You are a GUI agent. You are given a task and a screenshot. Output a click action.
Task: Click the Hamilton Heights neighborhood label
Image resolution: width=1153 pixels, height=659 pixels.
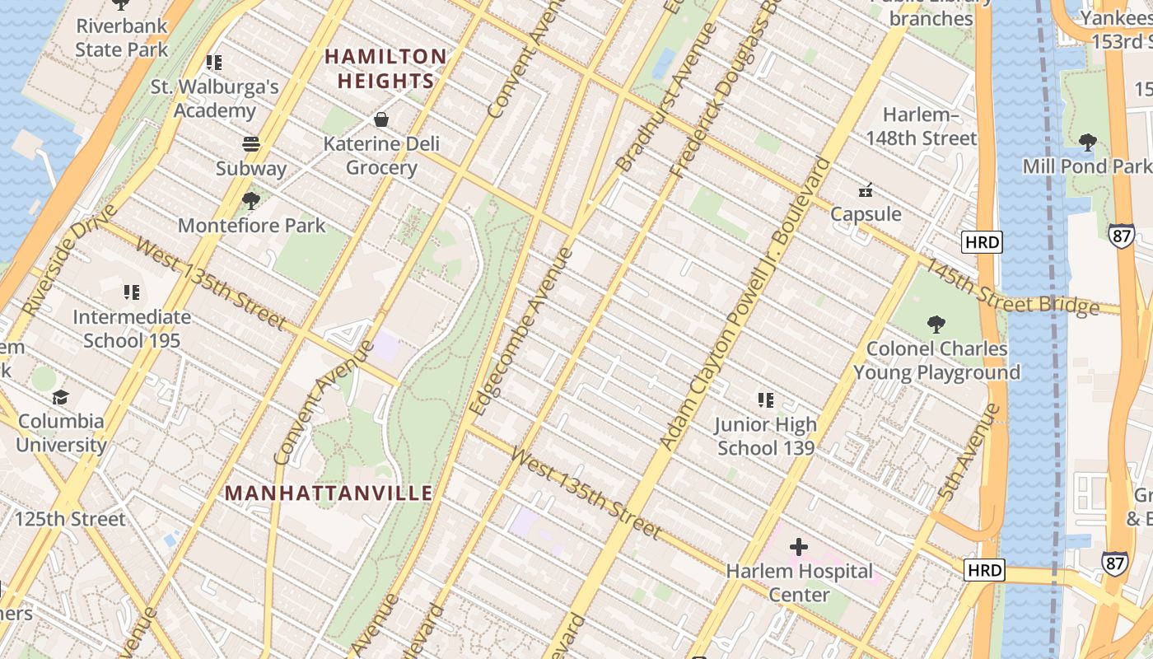tap(385, 68)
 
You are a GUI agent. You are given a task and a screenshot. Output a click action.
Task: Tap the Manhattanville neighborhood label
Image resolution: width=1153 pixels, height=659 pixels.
tap(329, 493)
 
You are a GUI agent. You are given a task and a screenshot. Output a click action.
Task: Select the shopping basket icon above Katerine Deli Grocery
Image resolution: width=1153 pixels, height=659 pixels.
tap(381, 119)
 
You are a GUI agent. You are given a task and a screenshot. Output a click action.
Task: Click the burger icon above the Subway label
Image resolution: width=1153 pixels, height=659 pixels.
tap(251, 144)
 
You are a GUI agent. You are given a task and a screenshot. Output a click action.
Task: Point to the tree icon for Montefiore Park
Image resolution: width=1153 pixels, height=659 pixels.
tap(251, 200)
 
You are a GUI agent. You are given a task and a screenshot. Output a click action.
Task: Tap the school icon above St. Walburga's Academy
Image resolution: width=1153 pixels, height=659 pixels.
tap(214, 63)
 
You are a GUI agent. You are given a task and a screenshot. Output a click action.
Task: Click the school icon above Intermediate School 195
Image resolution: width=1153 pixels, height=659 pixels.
tap(131, 292)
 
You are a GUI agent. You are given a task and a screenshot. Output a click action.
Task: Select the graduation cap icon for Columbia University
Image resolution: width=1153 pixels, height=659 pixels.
tap(61, 397)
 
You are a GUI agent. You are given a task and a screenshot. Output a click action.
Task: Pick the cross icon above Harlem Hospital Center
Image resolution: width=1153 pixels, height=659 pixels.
tap(798, 547)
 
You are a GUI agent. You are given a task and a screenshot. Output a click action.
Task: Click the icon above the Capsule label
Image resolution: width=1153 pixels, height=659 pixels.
tap(865, 190)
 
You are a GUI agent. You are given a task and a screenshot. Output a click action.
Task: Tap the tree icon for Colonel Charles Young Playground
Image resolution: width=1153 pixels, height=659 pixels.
tap(936, 324)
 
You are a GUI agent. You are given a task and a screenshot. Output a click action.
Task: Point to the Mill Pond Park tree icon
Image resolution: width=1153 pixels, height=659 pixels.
tap(1087, 142)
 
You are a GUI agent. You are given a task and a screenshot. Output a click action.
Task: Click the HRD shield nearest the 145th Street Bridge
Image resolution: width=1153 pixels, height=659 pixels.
tap(981, 242)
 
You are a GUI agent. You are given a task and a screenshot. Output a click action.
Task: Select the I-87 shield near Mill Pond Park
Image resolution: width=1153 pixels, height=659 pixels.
tap(1121, 234)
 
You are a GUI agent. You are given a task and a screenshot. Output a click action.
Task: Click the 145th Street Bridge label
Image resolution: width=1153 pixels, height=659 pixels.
tap(1011, 287)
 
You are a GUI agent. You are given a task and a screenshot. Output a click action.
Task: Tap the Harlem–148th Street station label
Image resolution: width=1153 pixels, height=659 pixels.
tap(921, 126)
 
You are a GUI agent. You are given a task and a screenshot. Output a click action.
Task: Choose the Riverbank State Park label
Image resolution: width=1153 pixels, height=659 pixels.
tap(121, 37)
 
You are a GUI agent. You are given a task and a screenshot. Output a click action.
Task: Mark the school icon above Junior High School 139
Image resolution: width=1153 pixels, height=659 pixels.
tap(766, 400)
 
